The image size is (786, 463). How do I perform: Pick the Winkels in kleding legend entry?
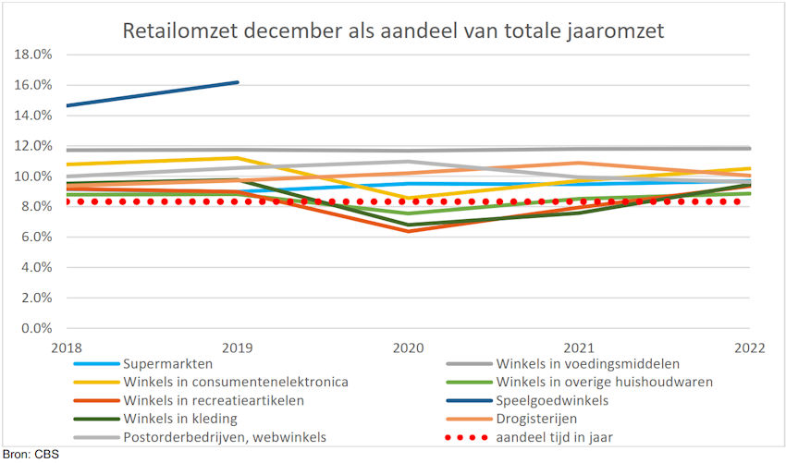click(179, 418)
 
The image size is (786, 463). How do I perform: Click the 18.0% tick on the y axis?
click(33, 55)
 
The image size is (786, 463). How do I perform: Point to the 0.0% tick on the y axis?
click(37, 328)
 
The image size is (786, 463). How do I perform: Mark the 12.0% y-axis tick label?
click(33, 146)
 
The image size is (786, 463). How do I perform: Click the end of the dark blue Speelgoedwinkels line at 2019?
click(238, 82)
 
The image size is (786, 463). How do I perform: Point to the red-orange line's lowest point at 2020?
click(409, 231)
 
